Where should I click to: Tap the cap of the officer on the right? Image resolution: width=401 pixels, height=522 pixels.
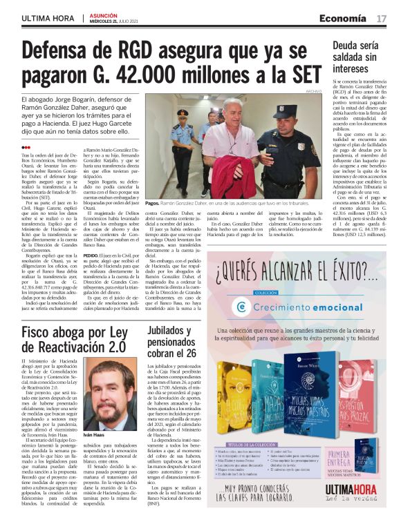(x=281, y=109)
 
